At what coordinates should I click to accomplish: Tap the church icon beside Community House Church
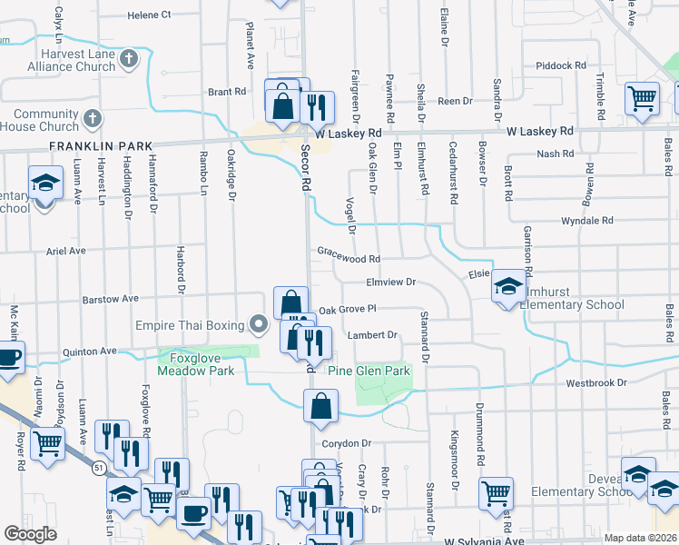point(92,119)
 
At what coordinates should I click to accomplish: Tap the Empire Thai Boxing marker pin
point(260,324)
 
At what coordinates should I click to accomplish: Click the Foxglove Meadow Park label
point(196,364)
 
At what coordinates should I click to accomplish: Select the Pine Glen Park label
point(369,371)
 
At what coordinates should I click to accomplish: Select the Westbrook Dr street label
point(596,383)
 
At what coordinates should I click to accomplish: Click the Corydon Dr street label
point(347,443)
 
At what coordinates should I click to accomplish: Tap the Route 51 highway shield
point(95,466)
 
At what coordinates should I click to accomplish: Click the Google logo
point(30,534)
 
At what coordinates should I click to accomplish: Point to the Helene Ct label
point(149,15)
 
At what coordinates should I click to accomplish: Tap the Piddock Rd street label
point(561,65)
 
